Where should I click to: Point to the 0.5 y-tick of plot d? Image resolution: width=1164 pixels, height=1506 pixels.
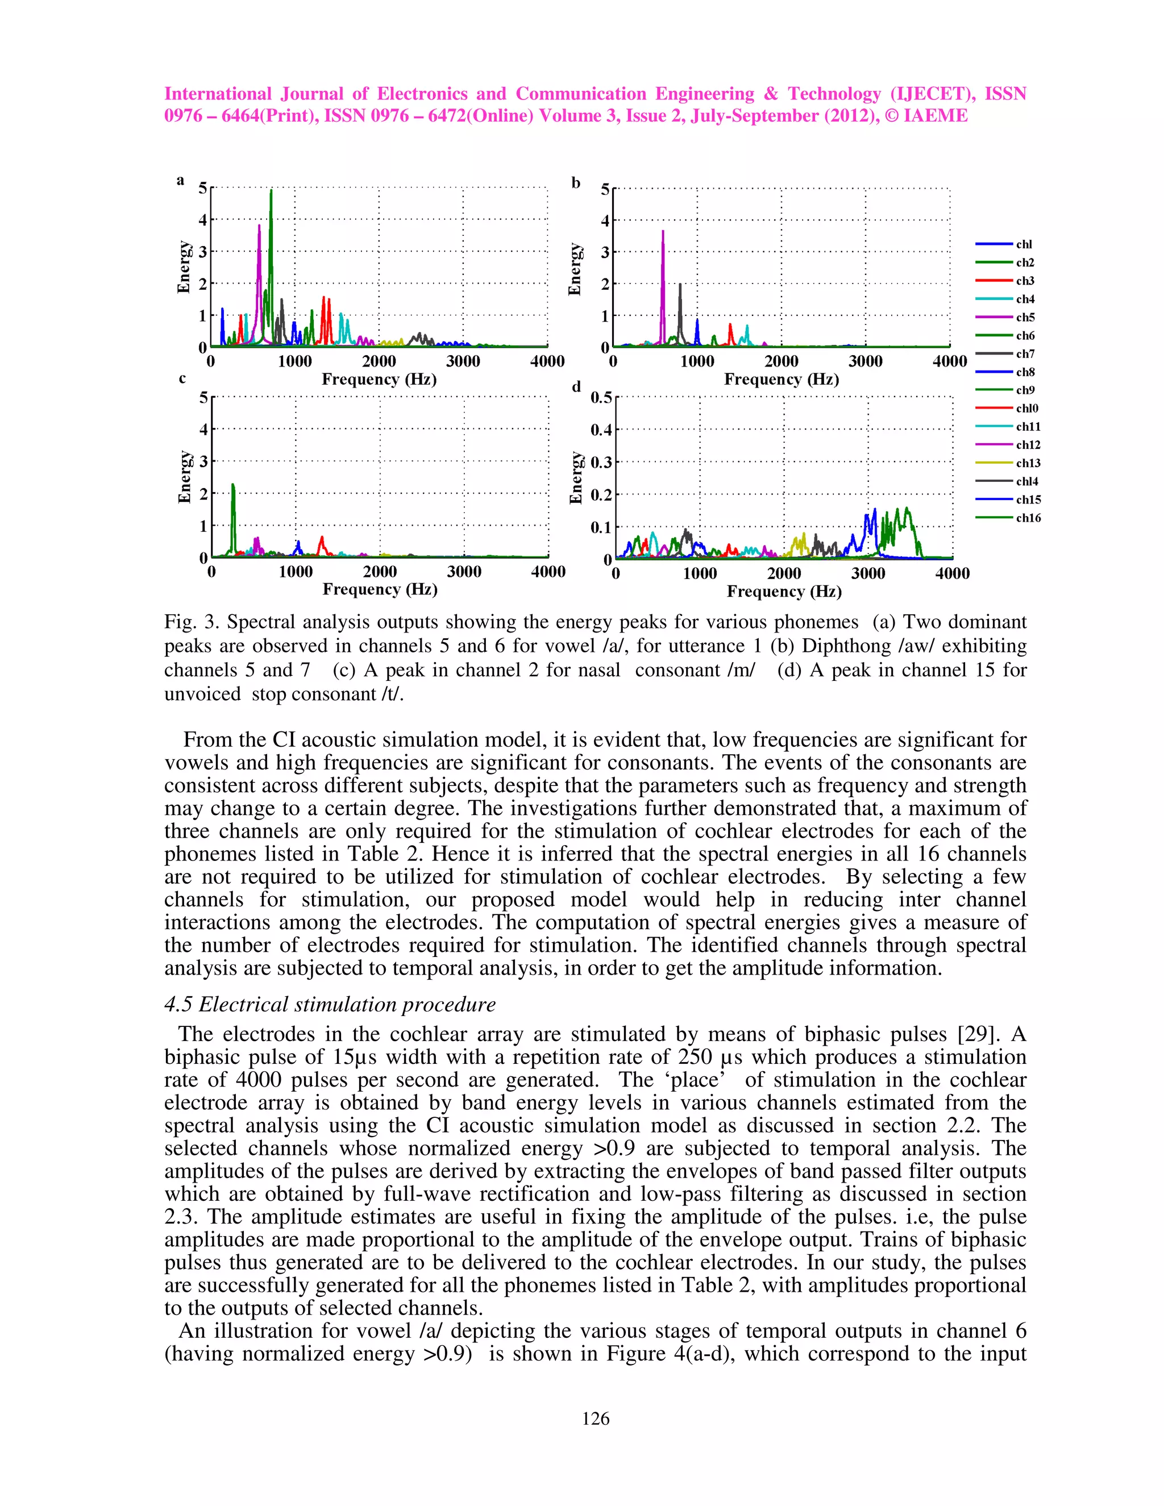click(x=600, y=398)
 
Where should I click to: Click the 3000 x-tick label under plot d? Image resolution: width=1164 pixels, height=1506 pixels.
click(x=867, y=573)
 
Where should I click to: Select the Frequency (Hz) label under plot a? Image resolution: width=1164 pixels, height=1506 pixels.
click(x=379, y=379)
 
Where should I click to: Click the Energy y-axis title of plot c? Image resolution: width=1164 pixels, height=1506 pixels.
click(x=184, y=477)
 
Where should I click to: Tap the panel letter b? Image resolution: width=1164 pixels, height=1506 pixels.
click(x=576, y=183)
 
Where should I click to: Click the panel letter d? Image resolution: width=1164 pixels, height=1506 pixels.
click(x=576, y=387)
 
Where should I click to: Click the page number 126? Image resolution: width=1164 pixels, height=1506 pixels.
click(x=595, y=1418)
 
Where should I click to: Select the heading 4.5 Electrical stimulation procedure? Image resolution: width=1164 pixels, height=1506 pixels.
click(x=330, y=1004)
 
